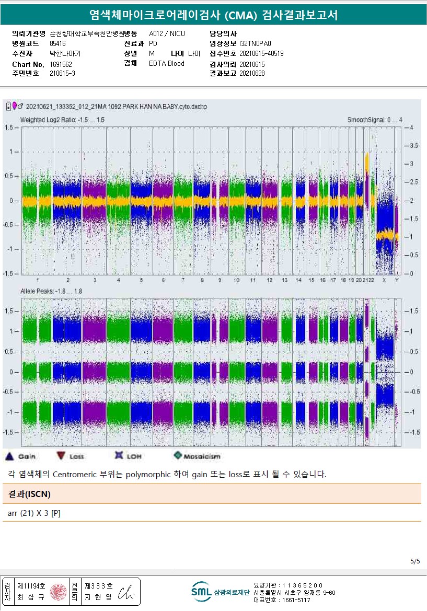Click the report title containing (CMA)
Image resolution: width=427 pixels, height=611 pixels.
point(213,15)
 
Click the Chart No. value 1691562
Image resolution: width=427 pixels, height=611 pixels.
point(61,64)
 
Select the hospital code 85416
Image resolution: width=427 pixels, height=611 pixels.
point(57,44)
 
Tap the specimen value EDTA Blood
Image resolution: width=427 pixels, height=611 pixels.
point(167,64)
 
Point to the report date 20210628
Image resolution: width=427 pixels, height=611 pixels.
point(252,74)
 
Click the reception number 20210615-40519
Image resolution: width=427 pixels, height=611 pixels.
point(261,54)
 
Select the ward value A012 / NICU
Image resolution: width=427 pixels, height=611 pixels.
point(167,34)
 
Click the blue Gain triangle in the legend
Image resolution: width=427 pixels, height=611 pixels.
point(9,456)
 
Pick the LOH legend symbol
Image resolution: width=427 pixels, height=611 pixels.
point(118,456)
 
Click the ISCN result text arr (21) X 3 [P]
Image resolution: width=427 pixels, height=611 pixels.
point(34,513)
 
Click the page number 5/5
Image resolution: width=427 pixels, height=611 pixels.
point(415,561)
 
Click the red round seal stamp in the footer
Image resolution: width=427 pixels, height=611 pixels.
point(57,592)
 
